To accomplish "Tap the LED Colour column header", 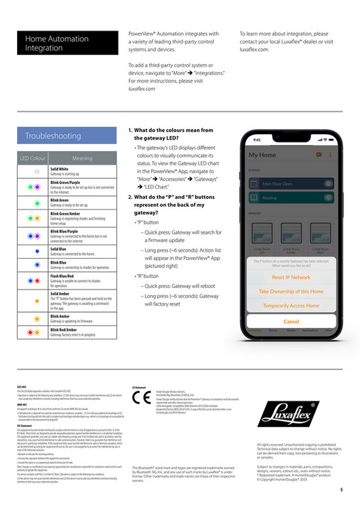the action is [x=34, y=158].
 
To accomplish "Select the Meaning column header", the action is [x=83, y=158].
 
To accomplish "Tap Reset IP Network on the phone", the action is [x=291, y=277].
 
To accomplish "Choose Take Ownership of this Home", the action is [x=291, y=291].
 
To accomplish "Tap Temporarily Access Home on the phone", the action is [x=291, y=305].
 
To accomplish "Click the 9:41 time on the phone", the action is [x=257, y=140].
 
